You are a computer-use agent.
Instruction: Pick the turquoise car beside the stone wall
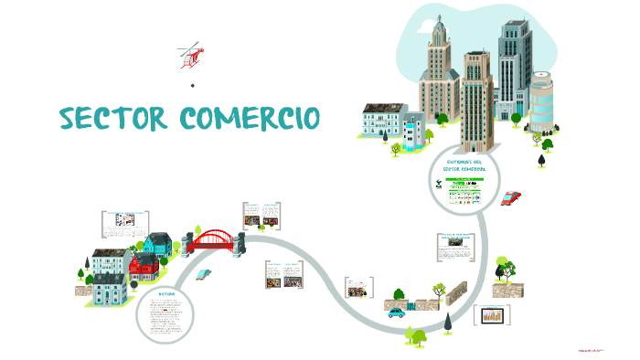396,312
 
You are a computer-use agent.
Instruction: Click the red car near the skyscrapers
511,197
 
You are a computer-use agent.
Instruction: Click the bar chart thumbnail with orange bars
493,315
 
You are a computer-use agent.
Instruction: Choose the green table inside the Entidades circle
464,192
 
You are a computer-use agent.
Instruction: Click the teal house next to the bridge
157,244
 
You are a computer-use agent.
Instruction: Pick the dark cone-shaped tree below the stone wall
448,322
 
